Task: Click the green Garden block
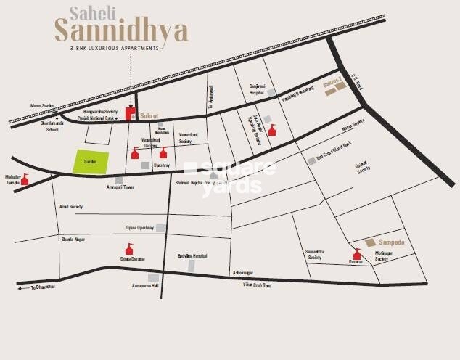pos(91,162)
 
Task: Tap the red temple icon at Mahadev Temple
pos(25,179)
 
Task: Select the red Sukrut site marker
pos(131,112)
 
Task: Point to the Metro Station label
pos(42,106)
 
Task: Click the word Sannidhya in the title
pos(121,30)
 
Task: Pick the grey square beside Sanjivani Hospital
pos(270,93)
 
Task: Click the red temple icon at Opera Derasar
pos(129,249)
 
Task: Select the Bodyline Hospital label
pos(192,256)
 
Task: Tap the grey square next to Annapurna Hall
pos(153,277)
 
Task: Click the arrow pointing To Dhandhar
pos(22,288)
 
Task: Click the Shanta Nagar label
pos(73,237)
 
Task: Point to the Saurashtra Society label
pos(314,253)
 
